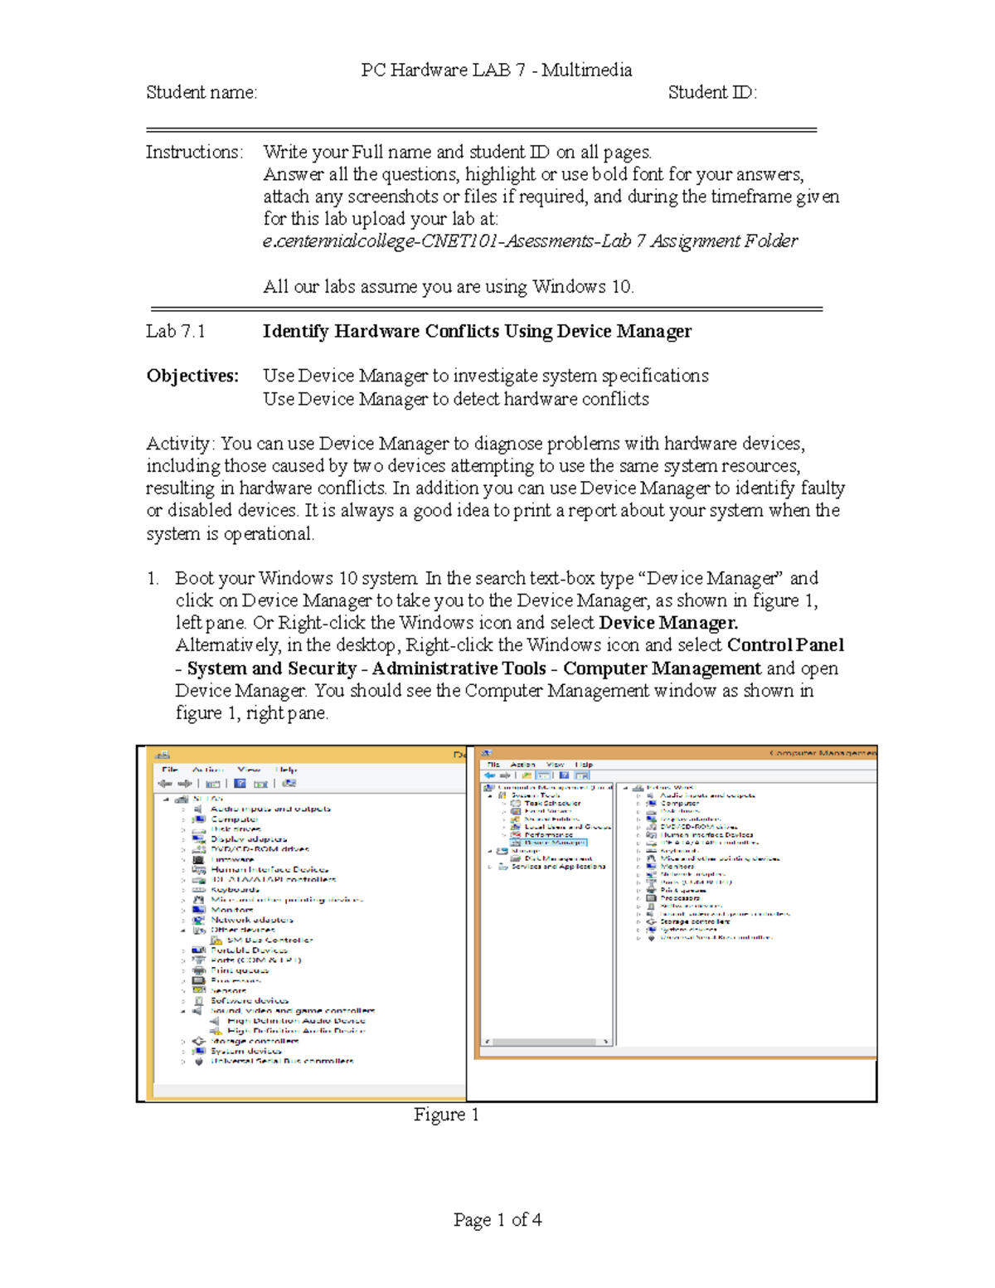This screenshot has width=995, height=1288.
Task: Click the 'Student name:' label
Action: [x=201, y=93]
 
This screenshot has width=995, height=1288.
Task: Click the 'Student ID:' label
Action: [x=712, y=93]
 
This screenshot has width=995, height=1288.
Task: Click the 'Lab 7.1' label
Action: [x=176, y=332]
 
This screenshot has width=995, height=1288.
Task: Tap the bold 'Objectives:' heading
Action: [x=192, y=376]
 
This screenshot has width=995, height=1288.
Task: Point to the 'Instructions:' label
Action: [x=195, y=153]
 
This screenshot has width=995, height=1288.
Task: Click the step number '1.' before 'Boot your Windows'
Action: [x=153, y=578]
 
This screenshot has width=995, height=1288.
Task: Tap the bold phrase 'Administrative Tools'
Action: [x=459, y=668]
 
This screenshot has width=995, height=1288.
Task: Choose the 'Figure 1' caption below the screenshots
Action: [x=446, y=1115]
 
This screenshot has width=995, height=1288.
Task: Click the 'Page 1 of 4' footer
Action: [x=498, y=1220]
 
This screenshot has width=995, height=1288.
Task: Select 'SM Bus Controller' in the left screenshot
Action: [x=269, y=940]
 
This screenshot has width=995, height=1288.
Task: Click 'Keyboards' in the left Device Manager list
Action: [x=235, y=890]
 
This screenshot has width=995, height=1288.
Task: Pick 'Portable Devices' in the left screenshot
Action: [x=249, y=950]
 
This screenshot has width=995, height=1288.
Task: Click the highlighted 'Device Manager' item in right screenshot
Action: [x=555, y=843]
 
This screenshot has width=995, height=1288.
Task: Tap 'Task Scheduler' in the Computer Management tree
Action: [x=552, y=804]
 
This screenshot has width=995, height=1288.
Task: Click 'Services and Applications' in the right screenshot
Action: [x=558, y=867]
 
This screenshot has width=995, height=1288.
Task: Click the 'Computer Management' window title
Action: [x=821, y=753]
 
